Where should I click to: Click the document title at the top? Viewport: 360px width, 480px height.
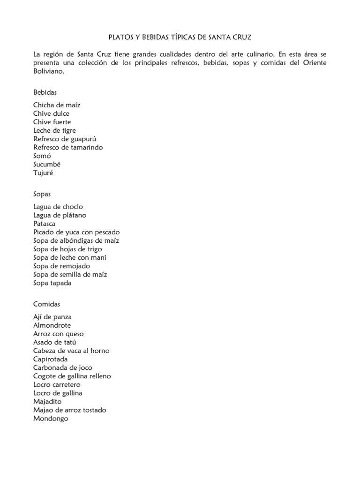click(180, 37)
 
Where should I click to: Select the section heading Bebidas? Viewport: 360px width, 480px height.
click(45, 92)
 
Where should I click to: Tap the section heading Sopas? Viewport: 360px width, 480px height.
click(42, 194)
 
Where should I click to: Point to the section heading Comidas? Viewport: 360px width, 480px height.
click(47, 304)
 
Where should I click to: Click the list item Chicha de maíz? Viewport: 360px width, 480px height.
click(57, 105)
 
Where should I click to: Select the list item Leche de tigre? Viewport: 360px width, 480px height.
click(54, 130)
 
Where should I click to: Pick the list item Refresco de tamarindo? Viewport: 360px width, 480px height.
click(68, 147)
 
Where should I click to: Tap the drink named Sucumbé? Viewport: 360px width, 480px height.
click(47, 164)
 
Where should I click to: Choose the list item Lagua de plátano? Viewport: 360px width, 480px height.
click(60, 215)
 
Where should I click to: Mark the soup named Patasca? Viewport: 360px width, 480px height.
click(44, 224)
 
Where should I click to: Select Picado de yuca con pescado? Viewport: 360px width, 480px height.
click(76, 232)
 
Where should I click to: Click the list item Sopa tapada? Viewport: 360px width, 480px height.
click(52, 283)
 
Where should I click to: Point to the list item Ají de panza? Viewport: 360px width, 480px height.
click(52, 317)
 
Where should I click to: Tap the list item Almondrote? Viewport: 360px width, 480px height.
click(52, 325)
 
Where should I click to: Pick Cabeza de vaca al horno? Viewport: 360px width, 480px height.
click(71, 351)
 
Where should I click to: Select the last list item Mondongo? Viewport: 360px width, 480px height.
click(51, 418)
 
